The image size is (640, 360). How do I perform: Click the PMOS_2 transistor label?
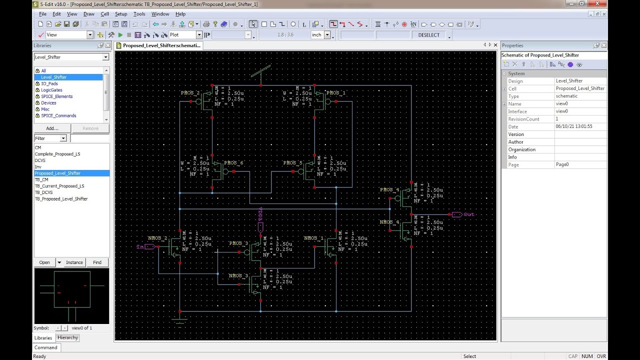(190, 93)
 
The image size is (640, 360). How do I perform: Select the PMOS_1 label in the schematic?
(335, 93)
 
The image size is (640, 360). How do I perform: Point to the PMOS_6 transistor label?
(233, 163)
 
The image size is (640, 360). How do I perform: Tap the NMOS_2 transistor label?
(157, 238)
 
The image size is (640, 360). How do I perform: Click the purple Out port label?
(468, 214)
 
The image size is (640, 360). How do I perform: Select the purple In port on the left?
(140, 246)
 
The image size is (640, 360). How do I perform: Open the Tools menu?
(139, 14)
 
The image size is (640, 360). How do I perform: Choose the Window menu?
(160, 14)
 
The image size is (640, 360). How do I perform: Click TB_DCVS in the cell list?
(43, 192)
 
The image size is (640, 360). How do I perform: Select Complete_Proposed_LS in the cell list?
(57, 154)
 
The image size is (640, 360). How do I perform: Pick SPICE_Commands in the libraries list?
(58, 115)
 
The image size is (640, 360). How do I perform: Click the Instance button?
(74, 262)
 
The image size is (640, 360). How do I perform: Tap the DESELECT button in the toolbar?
(429, 35)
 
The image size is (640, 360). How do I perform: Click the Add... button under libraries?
(52, 128)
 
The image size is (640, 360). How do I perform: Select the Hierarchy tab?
(67, 337)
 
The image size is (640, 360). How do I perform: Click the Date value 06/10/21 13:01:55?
(574, 126)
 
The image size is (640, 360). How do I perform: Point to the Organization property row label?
(521, 149)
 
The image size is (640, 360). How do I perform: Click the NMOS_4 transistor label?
(389, 222)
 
